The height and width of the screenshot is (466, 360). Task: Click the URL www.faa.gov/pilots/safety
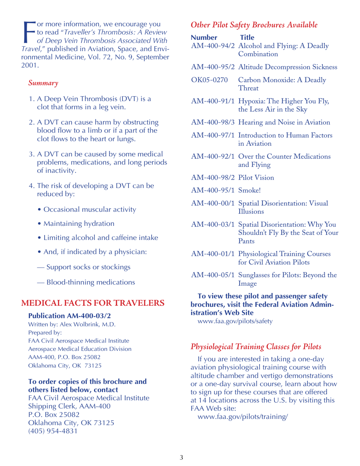point(234,322)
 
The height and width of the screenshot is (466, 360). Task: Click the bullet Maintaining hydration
point(79,224)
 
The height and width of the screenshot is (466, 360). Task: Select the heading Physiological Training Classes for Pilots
point(256,347)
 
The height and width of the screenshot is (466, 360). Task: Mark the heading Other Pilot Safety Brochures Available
point(254,25)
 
